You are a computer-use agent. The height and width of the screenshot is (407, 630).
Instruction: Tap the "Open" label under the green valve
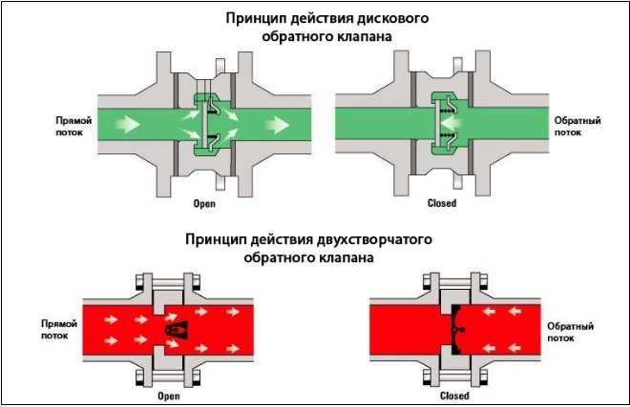205,203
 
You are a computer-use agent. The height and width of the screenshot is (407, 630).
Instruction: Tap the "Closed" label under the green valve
443,203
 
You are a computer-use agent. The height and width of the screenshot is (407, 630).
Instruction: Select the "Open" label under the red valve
168,395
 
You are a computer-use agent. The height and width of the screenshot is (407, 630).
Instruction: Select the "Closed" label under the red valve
453,395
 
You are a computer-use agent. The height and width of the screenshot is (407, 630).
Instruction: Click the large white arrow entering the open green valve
132,123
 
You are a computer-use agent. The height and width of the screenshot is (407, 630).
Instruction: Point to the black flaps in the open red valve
176,328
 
